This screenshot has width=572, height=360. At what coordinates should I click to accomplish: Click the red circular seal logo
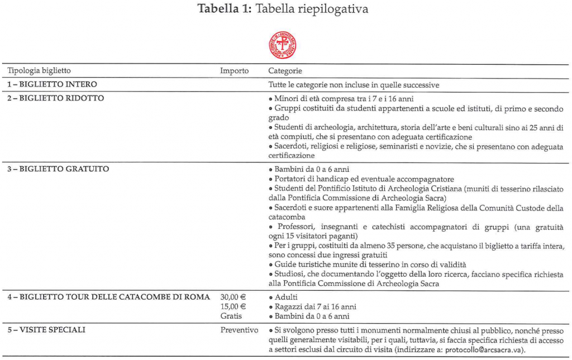283,45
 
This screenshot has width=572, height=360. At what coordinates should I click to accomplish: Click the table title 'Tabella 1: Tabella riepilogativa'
283,9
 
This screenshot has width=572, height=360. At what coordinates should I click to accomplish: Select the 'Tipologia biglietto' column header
39,71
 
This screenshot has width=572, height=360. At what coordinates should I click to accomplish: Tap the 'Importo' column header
234,71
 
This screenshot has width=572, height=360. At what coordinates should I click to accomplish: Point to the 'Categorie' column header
285,71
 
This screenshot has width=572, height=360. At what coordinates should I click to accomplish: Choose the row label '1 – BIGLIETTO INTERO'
52,85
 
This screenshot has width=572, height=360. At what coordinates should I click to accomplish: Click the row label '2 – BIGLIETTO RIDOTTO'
55,98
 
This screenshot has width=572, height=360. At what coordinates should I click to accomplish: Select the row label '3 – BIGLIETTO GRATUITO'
58,169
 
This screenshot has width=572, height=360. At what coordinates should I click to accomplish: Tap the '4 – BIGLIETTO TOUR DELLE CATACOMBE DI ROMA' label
108,296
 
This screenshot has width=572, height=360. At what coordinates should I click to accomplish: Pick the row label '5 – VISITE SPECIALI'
46,330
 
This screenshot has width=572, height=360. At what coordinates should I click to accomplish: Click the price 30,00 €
233,297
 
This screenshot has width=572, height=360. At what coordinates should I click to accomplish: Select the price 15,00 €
233,306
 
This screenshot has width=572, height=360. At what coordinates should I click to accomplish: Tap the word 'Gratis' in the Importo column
231,316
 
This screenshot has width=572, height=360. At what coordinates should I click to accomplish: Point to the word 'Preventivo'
239,330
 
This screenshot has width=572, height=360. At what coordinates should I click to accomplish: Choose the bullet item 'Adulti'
287,297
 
